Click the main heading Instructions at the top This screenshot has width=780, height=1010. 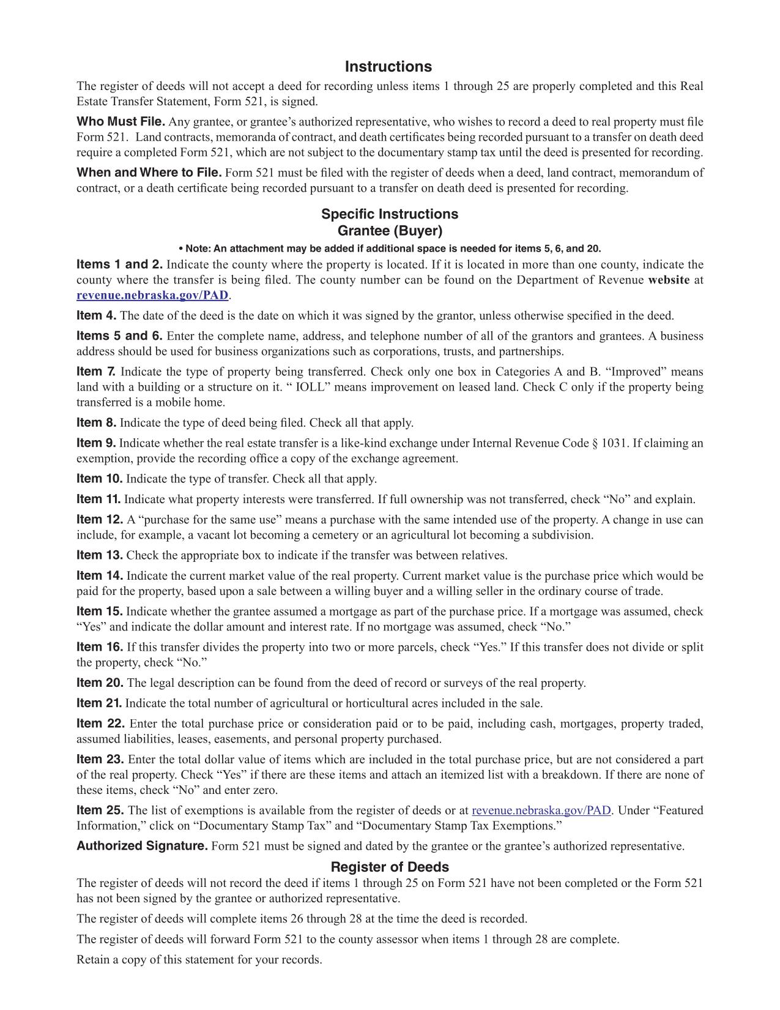click(x=388, y=67)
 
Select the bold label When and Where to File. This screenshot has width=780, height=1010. click(x=149, y=172)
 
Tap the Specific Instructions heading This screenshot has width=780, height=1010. click(x=390, y=214)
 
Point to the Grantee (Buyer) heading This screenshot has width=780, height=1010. click(x=390, y=231)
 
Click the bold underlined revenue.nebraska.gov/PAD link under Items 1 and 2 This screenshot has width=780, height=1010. click(x=152, y=295)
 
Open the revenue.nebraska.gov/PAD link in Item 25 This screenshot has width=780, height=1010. click(x=541, y=810)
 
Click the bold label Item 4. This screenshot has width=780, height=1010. click(x=96, y=315)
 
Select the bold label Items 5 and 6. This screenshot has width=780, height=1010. click(x=119, y=335)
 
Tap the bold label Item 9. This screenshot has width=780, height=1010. click(x=96, y=443)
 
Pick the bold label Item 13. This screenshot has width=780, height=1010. click(x=100, y=555)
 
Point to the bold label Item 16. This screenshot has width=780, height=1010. click(x=100, y=646)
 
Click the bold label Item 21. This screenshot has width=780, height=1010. click(x=99, y=703)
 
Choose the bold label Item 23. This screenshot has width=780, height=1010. click(x=100, y=759)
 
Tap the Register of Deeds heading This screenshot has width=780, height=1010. click(x=390, y=867)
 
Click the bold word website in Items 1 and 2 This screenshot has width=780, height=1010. click(x=668, y=280)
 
